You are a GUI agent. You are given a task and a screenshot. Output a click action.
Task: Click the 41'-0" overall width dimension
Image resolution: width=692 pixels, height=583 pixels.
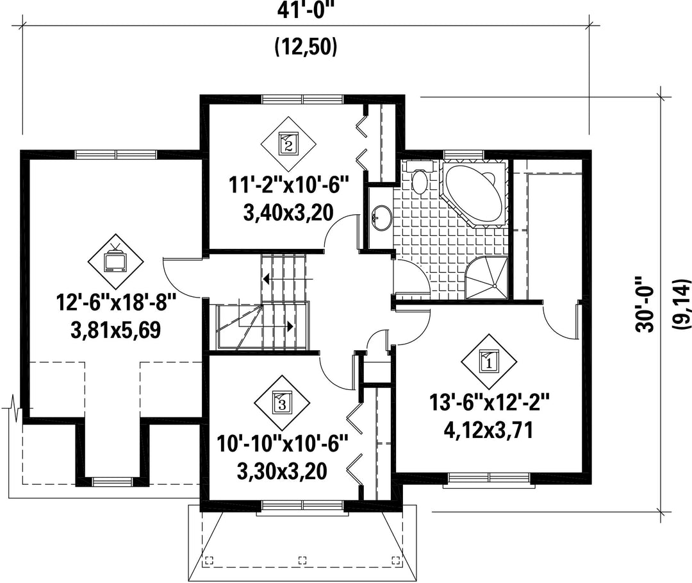[x=306, y=10]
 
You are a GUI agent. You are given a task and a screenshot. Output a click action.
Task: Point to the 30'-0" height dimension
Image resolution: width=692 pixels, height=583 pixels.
[x=645, y=304]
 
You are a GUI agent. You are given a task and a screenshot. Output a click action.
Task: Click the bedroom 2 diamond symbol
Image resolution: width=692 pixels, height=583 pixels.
[x=288, y=144]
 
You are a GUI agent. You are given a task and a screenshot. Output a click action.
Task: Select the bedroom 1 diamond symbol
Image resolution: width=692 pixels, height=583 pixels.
[x=489, y=362]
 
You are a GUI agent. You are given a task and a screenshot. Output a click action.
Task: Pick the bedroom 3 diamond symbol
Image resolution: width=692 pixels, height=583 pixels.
[x=283, y=403]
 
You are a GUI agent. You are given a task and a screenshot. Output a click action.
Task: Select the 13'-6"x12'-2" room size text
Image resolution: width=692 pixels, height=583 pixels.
[x=489, y=403]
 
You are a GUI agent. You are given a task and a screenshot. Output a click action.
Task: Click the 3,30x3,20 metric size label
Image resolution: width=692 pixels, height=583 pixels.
[x=283, y=471]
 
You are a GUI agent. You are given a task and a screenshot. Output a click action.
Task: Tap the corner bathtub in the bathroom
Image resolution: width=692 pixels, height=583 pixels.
[x=474, y=193]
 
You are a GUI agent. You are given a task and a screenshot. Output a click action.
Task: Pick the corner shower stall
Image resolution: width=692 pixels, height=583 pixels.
[x=487, y=278]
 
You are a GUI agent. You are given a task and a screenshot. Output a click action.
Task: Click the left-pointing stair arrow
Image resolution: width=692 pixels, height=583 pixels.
[x=287, y=279]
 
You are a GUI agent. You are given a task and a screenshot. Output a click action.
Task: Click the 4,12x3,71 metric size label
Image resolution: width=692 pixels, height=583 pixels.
[x=489, y=430]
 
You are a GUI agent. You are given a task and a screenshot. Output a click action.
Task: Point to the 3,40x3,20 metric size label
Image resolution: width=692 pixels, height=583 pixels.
[x=288, y=213]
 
